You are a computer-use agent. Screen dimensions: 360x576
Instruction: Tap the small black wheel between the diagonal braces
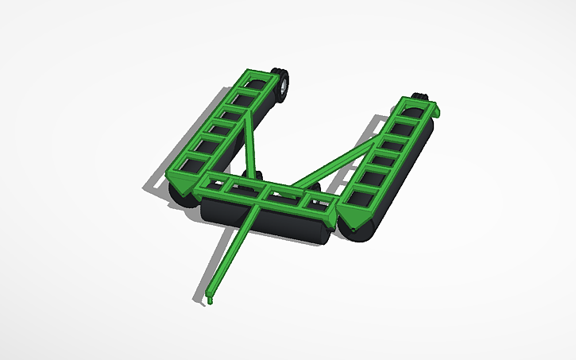257,176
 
